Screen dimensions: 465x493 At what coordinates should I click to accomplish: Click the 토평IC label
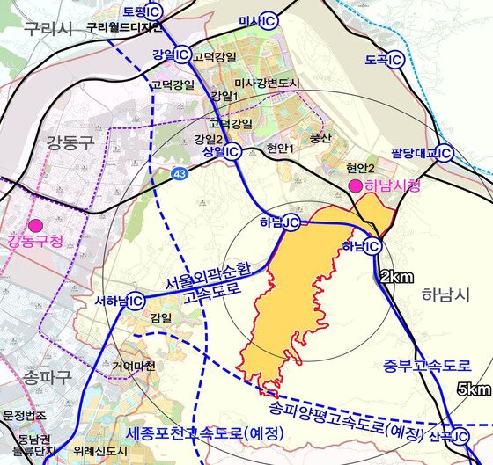pyautogui.click(x=143, y=11)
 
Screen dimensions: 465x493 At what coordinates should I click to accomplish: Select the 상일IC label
pyautogui.click(x=222, y=151)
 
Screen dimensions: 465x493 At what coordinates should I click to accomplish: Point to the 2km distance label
pyautogui.click(x=396, y=277)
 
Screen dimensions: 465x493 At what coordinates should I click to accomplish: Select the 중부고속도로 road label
pyautogui.click(x=427, y=365)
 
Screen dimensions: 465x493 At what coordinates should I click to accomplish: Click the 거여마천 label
pyautogui.click(x=133, y=365)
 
